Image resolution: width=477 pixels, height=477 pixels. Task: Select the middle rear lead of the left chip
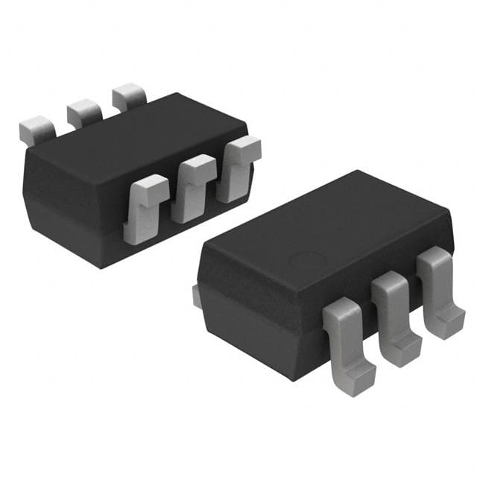[x=83, y=112]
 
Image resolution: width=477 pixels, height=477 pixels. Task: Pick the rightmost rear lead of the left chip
[x=129, y=98]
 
